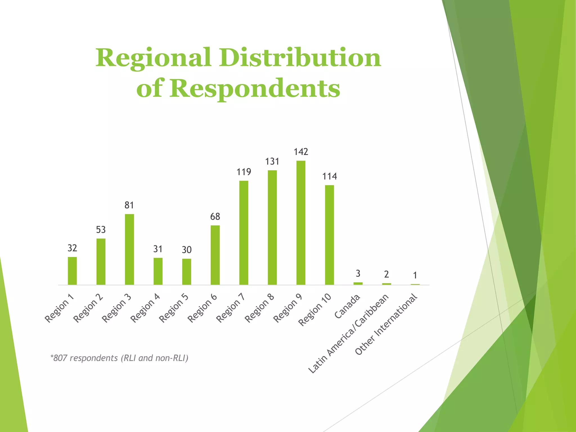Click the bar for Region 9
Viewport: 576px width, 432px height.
301,223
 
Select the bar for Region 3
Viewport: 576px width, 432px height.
129,249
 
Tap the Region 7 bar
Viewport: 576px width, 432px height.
244,233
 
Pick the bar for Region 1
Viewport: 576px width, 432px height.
72,271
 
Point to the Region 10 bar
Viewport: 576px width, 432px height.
329,235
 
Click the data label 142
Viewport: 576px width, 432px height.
301,152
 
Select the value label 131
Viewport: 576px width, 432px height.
272,161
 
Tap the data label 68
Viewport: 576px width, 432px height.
215,217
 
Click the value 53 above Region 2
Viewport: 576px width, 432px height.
101,230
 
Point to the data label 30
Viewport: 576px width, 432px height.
186,250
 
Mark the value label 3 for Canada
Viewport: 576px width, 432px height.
358,273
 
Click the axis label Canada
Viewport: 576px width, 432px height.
347,307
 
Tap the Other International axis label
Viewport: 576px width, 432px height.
386,324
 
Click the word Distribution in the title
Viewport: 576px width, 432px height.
300,58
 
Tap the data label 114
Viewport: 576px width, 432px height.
329,176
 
